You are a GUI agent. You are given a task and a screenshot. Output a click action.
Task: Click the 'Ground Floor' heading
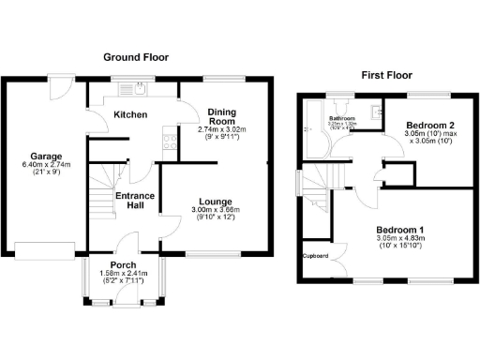click(x=136, y=57)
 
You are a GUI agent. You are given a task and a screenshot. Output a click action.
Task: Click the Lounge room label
click(x=216, y=201)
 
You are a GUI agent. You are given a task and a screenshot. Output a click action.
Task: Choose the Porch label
click(x=125, y=265)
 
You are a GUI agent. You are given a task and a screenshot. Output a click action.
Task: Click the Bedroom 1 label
click(x=400, y=230)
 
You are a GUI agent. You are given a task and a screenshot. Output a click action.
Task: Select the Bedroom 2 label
click(x=430, y=124)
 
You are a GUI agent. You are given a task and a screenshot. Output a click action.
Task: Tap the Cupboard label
click(x=313, y=254)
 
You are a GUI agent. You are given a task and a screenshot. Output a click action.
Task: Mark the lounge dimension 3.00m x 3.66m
click(x=217, y=210)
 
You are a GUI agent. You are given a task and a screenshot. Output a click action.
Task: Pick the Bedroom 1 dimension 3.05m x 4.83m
click(x=400, y=239)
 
